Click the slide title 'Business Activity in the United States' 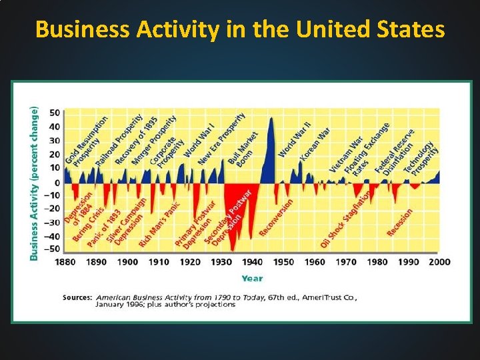[240, 29]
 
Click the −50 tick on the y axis [53, 249]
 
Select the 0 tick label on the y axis [57, 182]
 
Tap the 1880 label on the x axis [65, 262]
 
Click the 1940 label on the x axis [253, 262]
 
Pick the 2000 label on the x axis [439, 262]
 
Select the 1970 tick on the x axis [346, 262]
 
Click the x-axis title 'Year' [252, 279]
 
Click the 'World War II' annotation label [294, 139]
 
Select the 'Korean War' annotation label [314, 144]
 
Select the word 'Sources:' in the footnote [77, 297]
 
